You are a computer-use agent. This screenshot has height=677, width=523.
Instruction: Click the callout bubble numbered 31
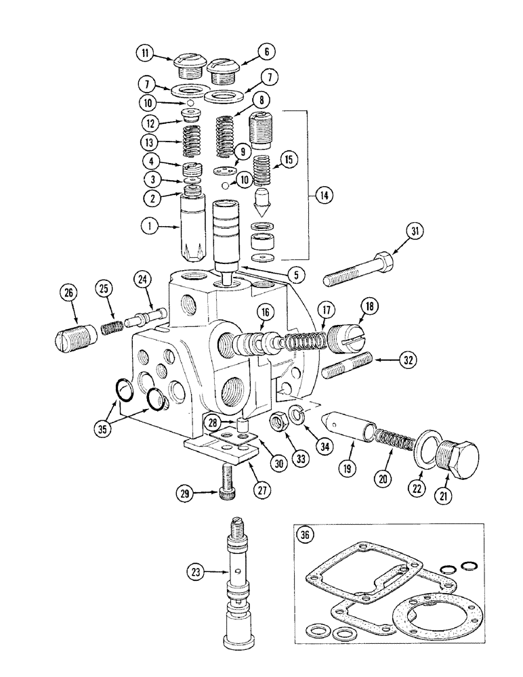pos(415,232)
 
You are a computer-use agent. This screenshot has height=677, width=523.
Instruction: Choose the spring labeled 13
pos(195,144)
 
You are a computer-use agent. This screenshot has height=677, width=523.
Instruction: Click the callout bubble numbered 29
pos(184,494)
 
